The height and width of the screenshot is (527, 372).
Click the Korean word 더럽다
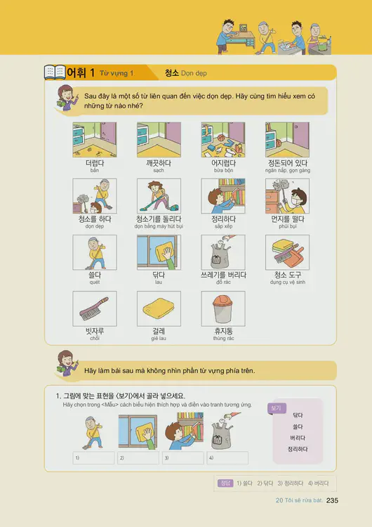(94, 163)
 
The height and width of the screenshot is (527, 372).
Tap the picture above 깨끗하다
(159, 140)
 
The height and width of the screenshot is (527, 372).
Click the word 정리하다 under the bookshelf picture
(223, 219)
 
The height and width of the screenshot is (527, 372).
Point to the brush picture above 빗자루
(94, 308)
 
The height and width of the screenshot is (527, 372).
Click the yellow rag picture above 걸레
(159, 308)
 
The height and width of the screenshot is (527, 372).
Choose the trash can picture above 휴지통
(223, 308)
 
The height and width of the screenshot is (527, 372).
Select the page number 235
(333, 500)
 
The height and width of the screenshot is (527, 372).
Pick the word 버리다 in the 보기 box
(298, 438)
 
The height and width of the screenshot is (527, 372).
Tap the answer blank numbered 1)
(93, 458)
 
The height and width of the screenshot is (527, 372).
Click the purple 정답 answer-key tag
(224, 483)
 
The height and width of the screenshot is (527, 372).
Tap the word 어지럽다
(223, 163)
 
